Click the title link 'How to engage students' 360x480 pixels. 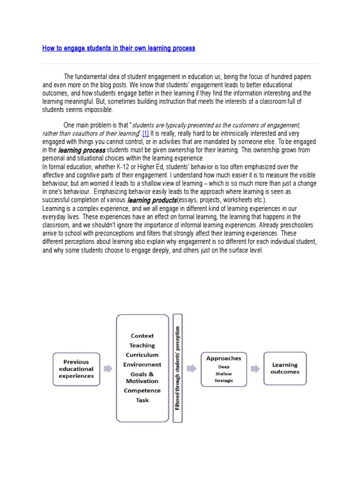[119, 48]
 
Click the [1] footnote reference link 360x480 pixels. [143, 134]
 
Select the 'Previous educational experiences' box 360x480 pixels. [76, 369]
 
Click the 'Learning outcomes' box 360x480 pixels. [285, 368]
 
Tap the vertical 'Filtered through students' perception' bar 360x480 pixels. [178, 368]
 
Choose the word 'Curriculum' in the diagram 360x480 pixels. [142, 355]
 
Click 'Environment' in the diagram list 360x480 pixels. [142, 364]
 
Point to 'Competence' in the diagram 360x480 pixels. [142, 390]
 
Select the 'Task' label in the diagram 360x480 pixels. [142, 400]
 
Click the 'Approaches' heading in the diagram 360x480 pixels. [224, 358]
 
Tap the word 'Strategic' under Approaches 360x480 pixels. [224, 381]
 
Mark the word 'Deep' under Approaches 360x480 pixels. [224, 367]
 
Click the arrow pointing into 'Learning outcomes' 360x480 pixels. [255, 369]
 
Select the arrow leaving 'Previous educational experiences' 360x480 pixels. [108, 369]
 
